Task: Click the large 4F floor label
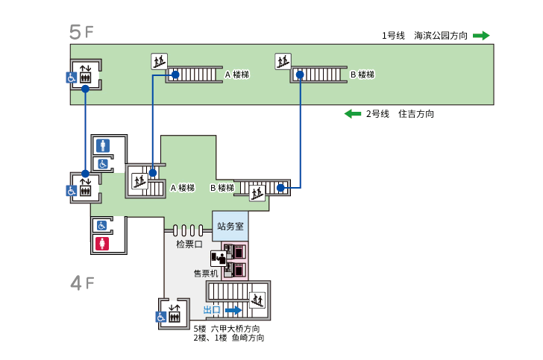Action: click(x=81, y=283)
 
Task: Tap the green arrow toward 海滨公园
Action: click(x=481, y=35)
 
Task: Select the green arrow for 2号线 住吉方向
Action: click(x=353, y=114)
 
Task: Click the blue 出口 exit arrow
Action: click(x=233, y=310)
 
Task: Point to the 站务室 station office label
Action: click(x=230, y=225)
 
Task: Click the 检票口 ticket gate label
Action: click(x=189, y=244)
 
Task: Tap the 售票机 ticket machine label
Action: click(x=205, y=273)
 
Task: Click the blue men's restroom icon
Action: click(x=102, y=145)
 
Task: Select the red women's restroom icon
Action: click(x=102, y=243)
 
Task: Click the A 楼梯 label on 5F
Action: click(x=236, y=75)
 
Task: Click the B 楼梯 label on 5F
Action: click(x=362, y=75)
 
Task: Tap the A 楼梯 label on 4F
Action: click(x=182, y=188)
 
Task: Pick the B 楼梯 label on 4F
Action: click(x=223, y=188)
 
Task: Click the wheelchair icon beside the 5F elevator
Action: click(x=72, y=77)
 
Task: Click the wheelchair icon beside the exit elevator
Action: click(x=160, y=317)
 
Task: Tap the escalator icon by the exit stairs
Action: click(x=257, y=300)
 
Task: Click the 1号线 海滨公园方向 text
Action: click(x=424, y=35)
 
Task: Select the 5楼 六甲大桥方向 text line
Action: click(x=227, y=329)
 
